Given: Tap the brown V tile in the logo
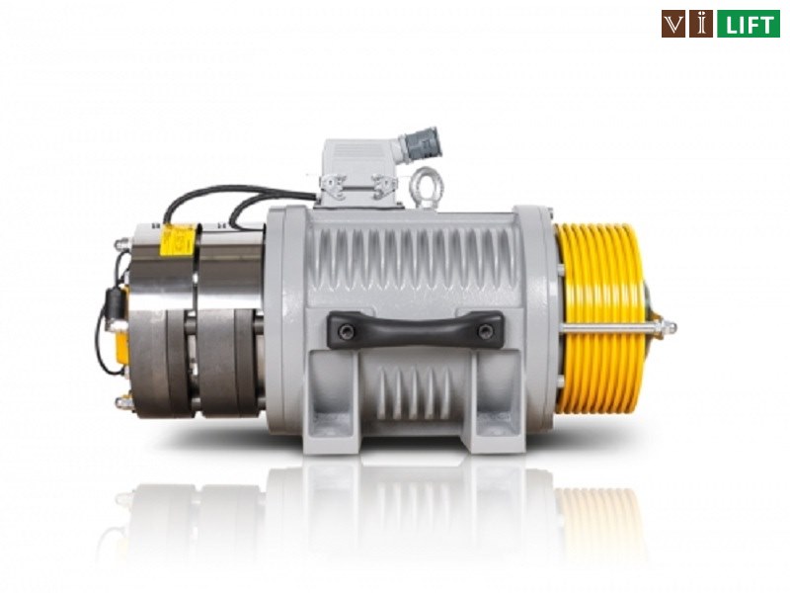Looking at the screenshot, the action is point(673,24).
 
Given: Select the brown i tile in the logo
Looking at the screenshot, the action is point(701,24).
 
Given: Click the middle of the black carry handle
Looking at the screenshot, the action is point(415,329).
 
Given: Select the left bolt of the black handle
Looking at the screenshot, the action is point(347,331).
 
